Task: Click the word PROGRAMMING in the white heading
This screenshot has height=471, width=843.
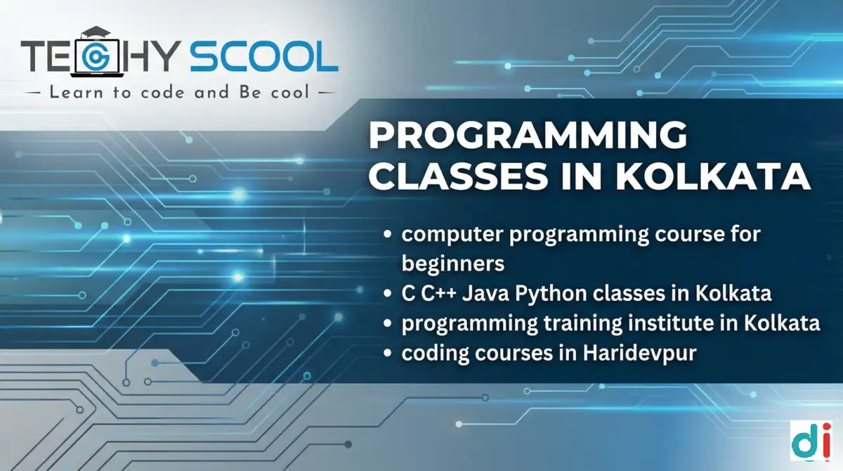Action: click(x=528, y=136)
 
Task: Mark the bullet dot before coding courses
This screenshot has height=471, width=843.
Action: click(x=388, y=354)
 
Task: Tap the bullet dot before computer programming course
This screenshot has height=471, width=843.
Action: click(x=388, y=235)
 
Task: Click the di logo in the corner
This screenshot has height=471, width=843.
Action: click(x=811, y=442)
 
